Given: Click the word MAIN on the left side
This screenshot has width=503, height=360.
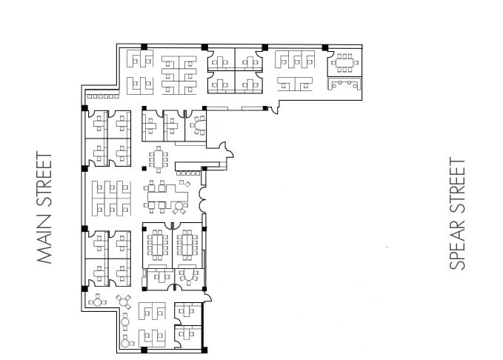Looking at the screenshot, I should pyautogui.click(x=45, y=241).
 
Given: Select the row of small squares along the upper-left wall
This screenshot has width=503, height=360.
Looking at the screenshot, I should pyautogui.click(x=102, y=96).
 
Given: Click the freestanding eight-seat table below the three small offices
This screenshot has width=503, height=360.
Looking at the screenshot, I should pyautogui.click(x=158, y=159).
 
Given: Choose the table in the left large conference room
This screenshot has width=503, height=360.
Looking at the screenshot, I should pyautogui.click(x=158, y=244).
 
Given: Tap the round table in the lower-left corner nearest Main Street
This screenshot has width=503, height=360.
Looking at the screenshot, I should pyautogui.click(x=96, y=301).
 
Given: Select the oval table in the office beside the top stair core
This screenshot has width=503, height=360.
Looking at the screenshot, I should pyautogui.click(x=198, y=125).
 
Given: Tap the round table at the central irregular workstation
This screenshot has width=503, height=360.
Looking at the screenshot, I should pyautogui.click(x=178, y=205).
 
